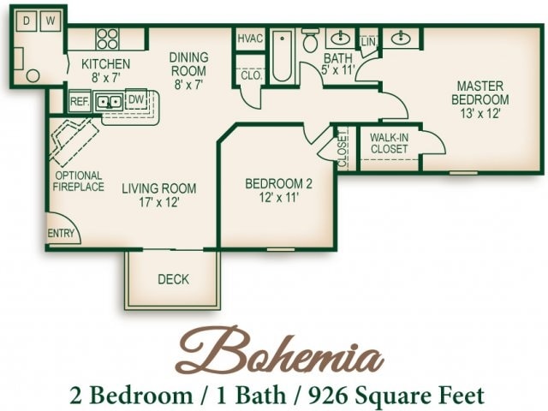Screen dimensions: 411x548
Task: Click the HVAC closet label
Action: click(x=250, y=39)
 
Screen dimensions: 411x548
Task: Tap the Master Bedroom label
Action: click(x=479, y=98)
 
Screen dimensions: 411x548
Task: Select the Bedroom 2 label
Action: click(x=279, y=190)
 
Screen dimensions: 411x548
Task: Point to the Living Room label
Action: click(x=158, y=195)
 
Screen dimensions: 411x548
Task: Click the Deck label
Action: click(x=173, y=279)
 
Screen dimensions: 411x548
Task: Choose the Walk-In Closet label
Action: click(x=389, y=142)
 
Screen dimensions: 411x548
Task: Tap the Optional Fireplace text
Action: click(x=79, y=181)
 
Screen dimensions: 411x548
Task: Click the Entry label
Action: click(x=62, y=234)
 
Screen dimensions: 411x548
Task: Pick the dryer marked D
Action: click(x=27, y=20)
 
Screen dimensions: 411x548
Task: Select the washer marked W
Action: click(x=50, y=20)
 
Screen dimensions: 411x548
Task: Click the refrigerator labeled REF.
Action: click(x=80, y=101)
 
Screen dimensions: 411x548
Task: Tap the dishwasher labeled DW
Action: click(x=136, y=100)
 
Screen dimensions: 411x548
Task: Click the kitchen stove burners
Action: click(x=107, y=38)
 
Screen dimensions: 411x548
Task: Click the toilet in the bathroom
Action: click(x=310, y=39)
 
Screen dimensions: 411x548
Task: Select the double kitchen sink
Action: click(x=109, y=101)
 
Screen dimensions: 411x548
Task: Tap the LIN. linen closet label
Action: click(x=369, y=41)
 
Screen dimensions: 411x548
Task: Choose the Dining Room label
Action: click(x=188, y=69)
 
